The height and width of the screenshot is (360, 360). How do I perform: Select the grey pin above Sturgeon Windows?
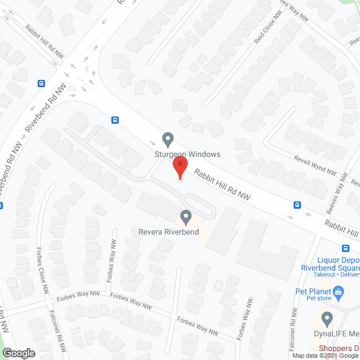pyautogui.click(x=167, y=138)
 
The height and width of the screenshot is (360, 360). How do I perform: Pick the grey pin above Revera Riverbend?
pyautogui.click(x=185, y=216)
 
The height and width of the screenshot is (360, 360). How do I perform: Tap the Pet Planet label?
pyautogui.click(x=312, y=291)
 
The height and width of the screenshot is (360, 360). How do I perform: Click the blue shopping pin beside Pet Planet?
pyautogui.click(x=338, y=291)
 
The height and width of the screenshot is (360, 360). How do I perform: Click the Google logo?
pyautogui.click(x=18, y=353)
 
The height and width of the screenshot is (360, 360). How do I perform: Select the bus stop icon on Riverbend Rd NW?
pyautogui.click(x=41, y=83)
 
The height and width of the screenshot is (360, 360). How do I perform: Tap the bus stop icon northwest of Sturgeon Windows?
pyautogui.click(x=115, y=119)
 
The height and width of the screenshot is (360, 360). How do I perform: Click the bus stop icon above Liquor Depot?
pyautogui.click(x=345, y=248)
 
